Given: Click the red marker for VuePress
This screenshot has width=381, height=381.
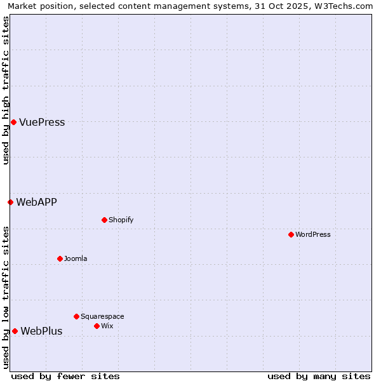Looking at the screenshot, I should (13, 122).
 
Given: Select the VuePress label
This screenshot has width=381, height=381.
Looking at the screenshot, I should (42, 123).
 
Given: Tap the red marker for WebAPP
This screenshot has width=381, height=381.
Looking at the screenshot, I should (10, 202).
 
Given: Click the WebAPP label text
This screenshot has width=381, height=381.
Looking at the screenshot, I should (36, 203).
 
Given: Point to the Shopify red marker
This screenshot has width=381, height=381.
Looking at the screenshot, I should (104, 220).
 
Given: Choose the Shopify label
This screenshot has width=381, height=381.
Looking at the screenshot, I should (121, 220).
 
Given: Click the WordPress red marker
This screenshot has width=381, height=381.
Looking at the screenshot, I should (291, 234).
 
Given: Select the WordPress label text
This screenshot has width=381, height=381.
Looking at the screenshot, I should (313, 235).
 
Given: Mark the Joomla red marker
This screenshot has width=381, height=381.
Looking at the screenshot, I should (60, 258).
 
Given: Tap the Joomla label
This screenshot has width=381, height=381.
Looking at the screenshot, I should (76, 259).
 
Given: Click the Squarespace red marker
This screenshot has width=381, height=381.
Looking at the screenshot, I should (76, 316).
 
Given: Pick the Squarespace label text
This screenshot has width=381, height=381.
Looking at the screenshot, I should (102, 317).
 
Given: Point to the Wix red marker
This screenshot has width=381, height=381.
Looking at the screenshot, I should (97, 326).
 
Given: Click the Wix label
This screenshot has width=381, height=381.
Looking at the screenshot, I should (107, 326).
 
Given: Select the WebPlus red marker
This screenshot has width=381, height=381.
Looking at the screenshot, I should (15, 331).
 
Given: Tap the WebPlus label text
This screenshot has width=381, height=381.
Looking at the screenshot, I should (41, 331).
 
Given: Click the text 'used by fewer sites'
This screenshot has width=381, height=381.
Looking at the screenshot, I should (65, 376).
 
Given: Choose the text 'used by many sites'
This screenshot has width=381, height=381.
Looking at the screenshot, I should (319, 376).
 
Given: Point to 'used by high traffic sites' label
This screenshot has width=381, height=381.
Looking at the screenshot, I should (6, 90).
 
